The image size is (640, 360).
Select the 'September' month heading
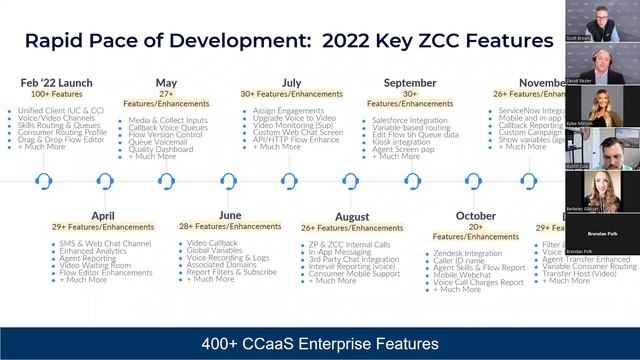[x=409, y=83]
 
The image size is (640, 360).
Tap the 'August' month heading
[x=351, y=216]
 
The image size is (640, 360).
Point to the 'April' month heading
[x=103, y=215]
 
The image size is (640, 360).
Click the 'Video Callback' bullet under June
[x=211, y=243]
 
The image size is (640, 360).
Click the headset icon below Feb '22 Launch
[x=44, y=182]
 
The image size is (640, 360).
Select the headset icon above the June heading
[x=228, y=182]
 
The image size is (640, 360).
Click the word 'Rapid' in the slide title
[x=62, y=41]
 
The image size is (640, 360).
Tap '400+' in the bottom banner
[x=223, y=344]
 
